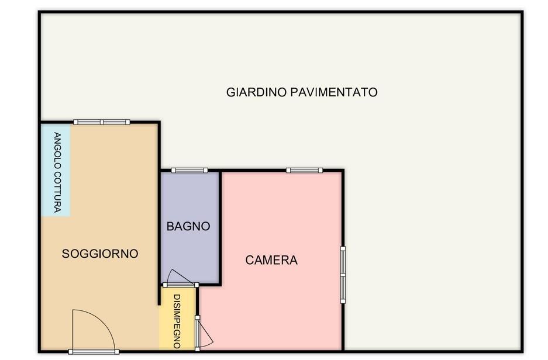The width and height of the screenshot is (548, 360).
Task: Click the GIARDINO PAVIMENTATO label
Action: tap(302, 92)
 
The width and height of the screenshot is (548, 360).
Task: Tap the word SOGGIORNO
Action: tap(100, 254)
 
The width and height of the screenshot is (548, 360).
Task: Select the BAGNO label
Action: tap(188, 226)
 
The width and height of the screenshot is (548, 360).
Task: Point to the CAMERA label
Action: tap(271, 260)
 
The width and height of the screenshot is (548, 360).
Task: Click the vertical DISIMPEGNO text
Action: tap(177, 321)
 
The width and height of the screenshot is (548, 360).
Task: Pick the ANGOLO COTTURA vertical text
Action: tap(57, 172)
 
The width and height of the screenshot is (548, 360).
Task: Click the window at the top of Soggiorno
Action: tap(102, 122)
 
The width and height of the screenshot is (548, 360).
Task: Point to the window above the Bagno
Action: tap(189, 171)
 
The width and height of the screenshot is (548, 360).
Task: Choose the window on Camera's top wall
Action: tap(304, 171)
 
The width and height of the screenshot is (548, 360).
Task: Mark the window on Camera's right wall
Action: tap(343, 275)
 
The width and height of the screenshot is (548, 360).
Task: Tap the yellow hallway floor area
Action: tap(177, 319)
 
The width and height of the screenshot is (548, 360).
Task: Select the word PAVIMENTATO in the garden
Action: tap(334, 92)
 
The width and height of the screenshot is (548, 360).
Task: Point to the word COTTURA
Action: tap(57, 192)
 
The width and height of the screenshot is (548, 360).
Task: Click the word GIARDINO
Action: tap(257, 92)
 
